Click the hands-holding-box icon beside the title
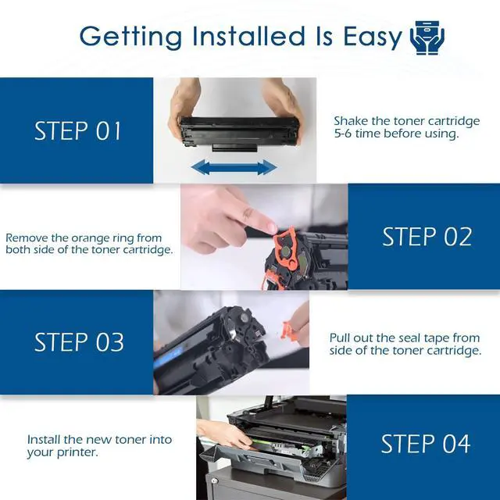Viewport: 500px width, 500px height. [427, 37]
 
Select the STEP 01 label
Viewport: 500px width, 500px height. [77, 130]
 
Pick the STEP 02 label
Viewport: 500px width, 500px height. [427, 237]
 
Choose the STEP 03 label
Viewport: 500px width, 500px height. [79, 342]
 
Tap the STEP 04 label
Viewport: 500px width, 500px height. [426, 444]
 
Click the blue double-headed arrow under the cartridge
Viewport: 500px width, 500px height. [234, 167]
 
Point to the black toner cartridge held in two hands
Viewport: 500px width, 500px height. [240, 134]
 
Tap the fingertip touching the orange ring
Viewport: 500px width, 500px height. [270, 227]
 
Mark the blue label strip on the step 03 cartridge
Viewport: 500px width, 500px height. [169, 356]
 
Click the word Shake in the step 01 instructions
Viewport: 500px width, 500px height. [351, 121]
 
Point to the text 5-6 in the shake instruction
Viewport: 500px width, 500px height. [343, 134]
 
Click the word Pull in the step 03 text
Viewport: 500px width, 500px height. [339, 337]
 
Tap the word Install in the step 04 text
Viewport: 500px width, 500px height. [44, 439]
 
